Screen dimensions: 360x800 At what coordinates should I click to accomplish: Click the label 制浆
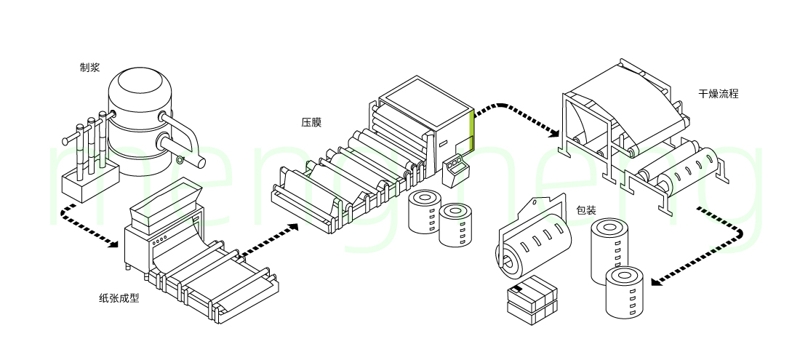point(89,68)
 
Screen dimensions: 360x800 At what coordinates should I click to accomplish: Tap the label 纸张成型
point(119,297)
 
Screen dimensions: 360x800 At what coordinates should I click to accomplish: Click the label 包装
point(586,210)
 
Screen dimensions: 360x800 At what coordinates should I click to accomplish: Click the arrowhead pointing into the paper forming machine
point(112,244)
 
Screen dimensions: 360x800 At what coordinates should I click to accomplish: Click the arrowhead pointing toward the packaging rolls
point(655,281)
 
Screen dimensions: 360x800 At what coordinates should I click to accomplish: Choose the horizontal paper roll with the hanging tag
point(535,240)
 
